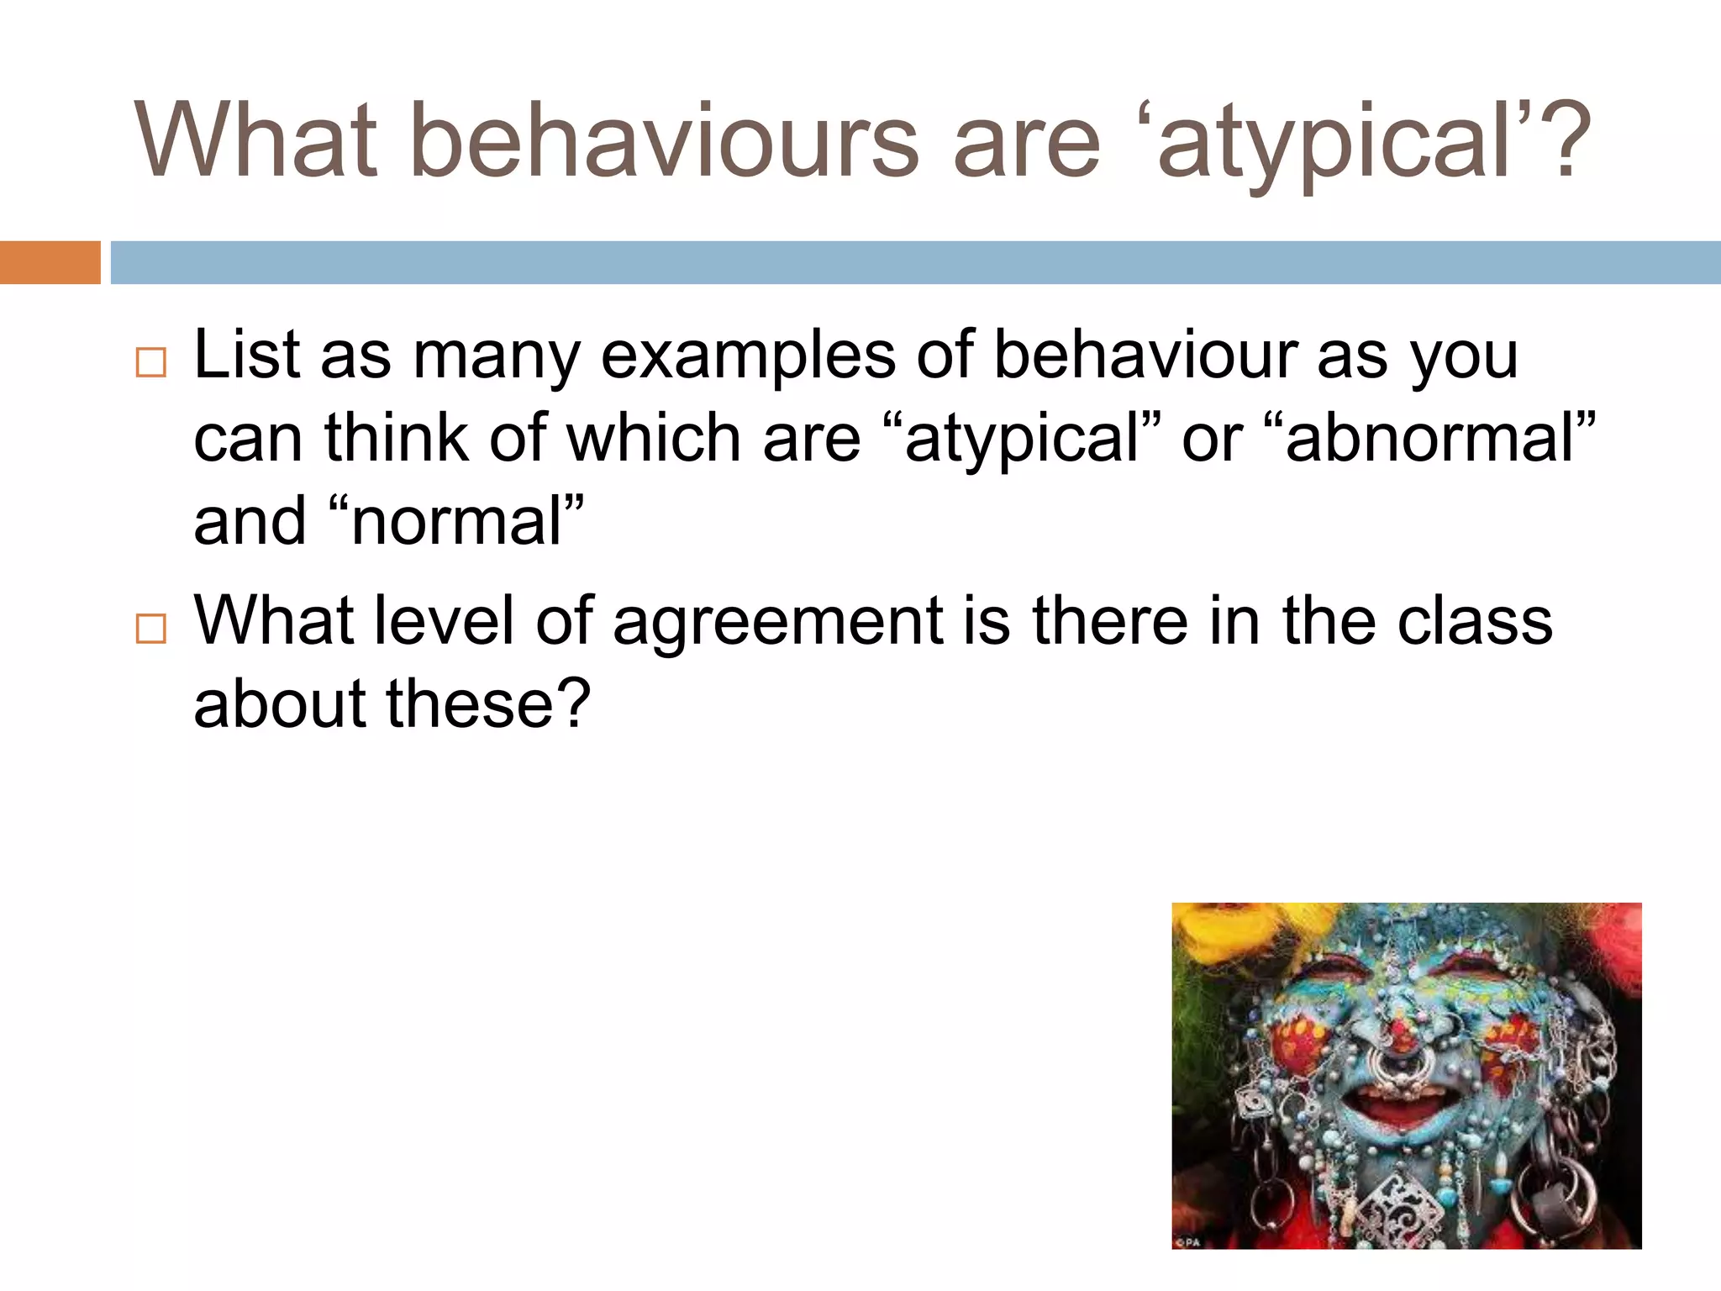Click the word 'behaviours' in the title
[664, 140]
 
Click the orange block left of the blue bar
[50, 262]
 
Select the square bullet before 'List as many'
[151, 363]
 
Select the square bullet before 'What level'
[151, 629]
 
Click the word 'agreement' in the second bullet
[778, 623]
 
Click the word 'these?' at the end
[488, 704]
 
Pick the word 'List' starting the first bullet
[246, 355]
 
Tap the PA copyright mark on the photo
[1188, 1242]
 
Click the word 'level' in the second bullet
[443, 621]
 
